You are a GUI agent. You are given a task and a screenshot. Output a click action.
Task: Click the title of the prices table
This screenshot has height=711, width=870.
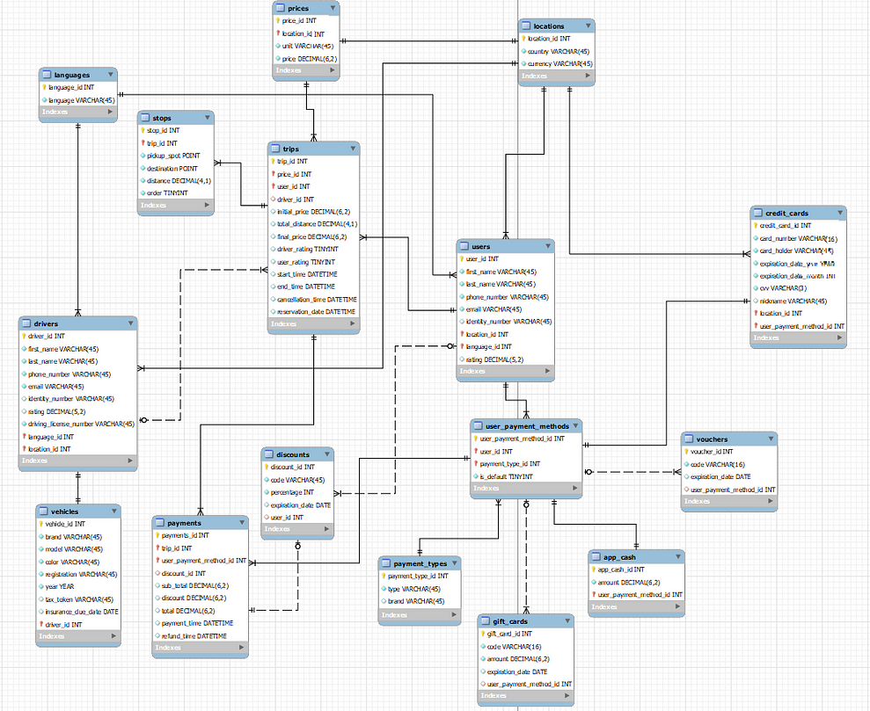point(298,8)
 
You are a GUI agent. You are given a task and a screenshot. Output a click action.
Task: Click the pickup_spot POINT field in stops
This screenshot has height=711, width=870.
point(173,156)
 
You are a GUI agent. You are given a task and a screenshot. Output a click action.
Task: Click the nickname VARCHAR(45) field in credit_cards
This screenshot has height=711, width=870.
point(793,301)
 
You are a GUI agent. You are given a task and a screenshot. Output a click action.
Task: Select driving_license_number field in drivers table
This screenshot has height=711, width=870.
point(81,424)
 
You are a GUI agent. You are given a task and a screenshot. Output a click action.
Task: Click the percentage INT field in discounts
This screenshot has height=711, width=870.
point(294,492)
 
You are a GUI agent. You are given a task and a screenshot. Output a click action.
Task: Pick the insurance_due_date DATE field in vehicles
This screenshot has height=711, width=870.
point(82,612)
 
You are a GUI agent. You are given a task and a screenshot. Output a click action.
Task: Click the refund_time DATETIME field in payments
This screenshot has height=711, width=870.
point(194,635)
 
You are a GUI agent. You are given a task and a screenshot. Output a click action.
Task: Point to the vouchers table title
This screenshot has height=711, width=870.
point(712,439)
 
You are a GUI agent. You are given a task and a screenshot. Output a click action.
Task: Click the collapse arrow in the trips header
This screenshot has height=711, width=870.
point(353,149)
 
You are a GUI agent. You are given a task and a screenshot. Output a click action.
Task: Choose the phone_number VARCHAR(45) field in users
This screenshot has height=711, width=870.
point(507,297)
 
